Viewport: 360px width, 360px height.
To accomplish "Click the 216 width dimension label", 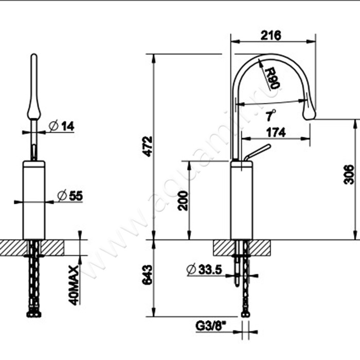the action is (x=271, y=35).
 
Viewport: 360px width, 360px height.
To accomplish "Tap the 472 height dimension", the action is (x=147, y=147).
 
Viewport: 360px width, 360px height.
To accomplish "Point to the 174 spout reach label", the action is (x=276, y=133).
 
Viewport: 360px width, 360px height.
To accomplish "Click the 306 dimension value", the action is (x=349, y=174).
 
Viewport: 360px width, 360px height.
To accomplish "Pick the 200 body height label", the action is (x=183, y=201).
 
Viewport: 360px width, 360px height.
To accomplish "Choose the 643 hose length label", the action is (x=147, y=275).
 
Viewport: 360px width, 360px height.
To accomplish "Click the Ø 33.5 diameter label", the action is (x=204, y=269).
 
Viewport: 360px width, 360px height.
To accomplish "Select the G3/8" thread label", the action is (x=211, y=326).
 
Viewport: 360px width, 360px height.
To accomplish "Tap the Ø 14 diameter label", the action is (x=62, y=126).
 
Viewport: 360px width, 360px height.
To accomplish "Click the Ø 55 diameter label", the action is (x=70, y=196).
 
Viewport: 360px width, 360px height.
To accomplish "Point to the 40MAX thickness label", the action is (x=74, y=285).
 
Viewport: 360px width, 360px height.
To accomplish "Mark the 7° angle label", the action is (x=271, y=115).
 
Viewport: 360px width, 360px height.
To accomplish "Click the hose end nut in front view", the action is (x=34, y=314).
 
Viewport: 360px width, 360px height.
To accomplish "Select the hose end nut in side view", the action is (x=246, y=314).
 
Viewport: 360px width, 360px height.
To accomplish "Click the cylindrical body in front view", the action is (x=34, y=200).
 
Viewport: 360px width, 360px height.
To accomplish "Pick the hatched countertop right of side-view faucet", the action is (x=259, y=247).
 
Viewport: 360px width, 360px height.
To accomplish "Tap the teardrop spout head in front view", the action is (x=34, y=108).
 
